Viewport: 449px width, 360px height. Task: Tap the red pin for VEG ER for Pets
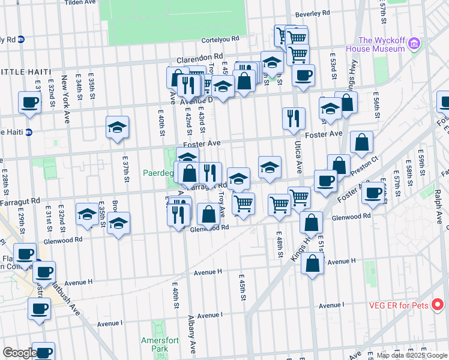click(438, 305)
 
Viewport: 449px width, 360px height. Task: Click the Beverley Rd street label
click(316, 13)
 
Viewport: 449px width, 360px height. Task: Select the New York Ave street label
click(65, 89)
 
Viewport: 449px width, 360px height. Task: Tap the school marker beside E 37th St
click(118, 127)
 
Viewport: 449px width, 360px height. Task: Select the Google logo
click(19, 353)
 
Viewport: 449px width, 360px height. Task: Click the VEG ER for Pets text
click(399, 305)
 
